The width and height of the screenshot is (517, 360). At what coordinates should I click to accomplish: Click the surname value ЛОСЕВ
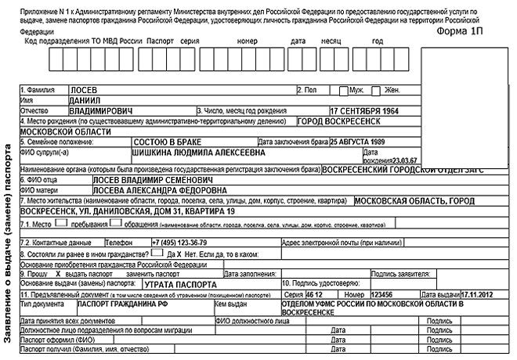[x=85, y=90]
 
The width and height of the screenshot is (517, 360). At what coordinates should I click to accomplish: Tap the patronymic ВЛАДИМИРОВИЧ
[x=101, y=110]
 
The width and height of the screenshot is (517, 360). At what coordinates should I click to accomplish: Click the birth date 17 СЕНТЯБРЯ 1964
[x=374, y=110]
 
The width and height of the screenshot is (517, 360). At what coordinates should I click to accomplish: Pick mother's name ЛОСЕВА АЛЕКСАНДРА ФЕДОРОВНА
[x=139, y=189]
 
